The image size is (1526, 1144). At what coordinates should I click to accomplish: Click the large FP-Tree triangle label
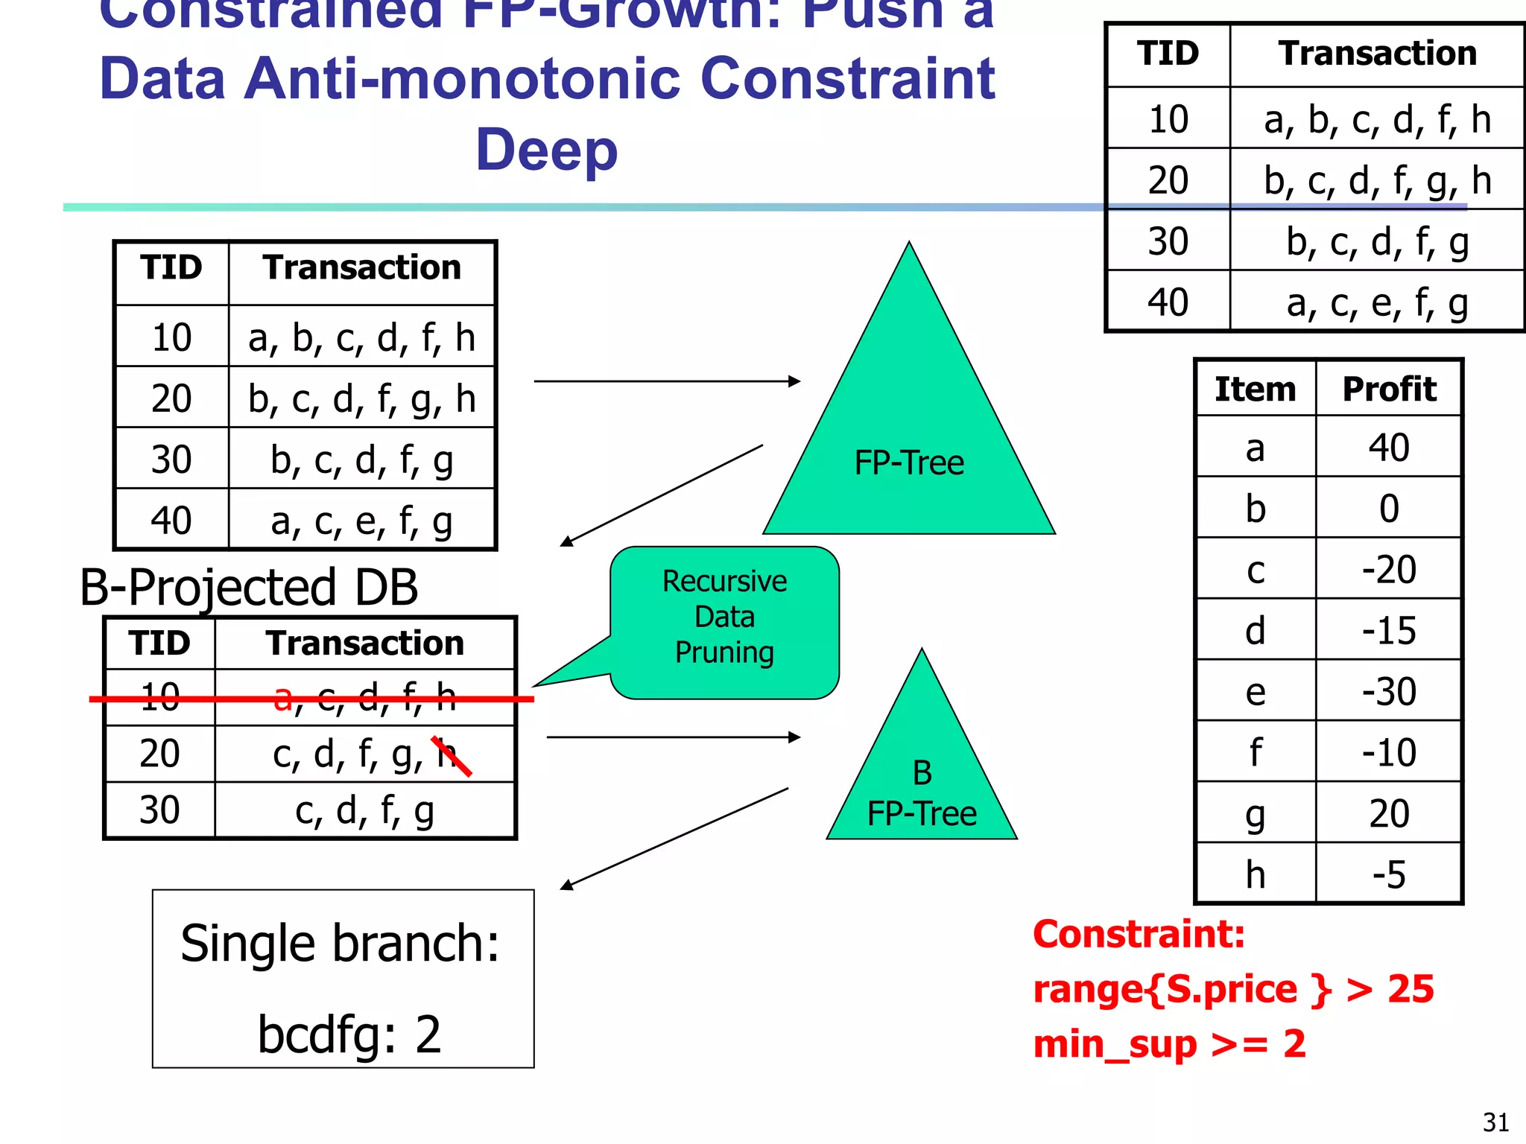pyautogui.click(x=909, y=463)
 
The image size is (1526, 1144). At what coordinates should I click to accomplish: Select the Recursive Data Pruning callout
pyautogui.click(x=724, y=618)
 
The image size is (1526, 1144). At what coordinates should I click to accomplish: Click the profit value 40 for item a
pyautogui.click(x=1388, y=448)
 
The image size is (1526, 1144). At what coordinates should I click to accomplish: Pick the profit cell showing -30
pyautogui.click(x=1388, y=692)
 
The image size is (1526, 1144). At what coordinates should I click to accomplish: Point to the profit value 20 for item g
pyautogui.click(x=1388, y=813)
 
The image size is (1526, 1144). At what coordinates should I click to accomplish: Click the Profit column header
pyautogui.click(x=1389, y=389)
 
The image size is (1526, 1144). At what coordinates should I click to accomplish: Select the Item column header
pyautogui.click(x=1256, y=389)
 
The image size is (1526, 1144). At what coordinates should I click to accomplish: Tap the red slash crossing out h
pyautogui.click(x=452, y=756)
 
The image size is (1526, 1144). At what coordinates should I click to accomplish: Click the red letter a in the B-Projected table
pyautogui.click(x=283, y=698)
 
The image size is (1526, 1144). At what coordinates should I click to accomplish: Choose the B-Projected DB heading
pyautogui.click(x=249, y=587)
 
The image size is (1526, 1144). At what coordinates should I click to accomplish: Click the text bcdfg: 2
pyautogui.click(x=349, y=1035)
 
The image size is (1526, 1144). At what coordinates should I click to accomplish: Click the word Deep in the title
pyautogui.click(x=547, y=150)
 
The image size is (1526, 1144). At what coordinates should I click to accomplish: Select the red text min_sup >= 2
pyautogui.click(x=1169, y=1044)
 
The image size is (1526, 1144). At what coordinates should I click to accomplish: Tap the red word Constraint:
pyautogui.click(x=1139, y=934)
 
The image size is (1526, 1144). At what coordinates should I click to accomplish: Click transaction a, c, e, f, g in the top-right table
pyautogui.click(x=1377, y=303)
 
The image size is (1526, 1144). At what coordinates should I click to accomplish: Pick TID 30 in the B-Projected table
pyautogui.click(x=159, y=810)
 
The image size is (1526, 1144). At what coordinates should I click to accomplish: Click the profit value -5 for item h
pyautogui.click(x=1388, y=874)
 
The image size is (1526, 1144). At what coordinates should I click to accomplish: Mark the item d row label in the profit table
pyautogui.click(x=1256, y=631)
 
